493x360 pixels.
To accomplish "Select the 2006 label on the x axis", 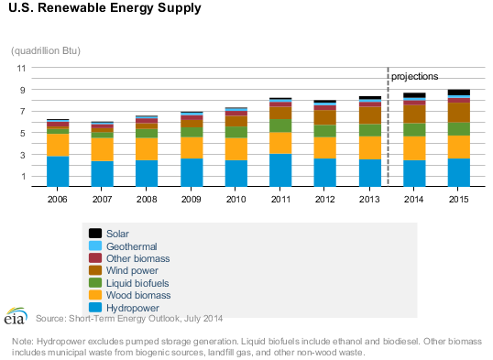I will pyautogui.click(x=58, y=198).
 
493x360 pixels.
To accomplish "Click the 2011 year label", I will pyautogui.click(x=281, y=198).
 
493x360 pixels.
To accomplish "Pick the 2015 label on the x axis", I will pyautogui.click(x=459, y=198).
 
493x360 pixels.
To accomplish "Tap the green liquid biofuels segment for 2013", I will pyautogui.click(x=370, y=130).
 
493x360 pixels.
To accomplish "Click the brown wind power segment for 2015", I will pyautogui.click(x=459, y=112).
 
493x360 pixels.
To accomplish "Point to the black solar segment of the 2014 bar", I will pyautogui.click(x=414, y=95).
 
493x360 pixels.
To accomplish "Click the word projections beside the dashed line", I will pyautogui.click(x=415, y=76).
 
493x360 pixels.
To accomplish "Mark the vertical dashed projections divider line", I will pyautogui.click(x=389, y=128).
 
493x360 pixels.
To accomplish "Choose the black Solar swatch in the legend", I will pyautogui.click(x=94, y=234).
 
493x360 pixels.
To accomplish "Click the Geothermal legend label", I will pyautogui.click(x=131, y=246).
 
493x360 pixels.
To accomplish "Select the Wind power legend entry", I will pyautogui.click(x=133, y=271).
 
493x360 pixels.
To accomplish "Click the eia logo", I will pyautogui.click(x=16, y=316).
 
